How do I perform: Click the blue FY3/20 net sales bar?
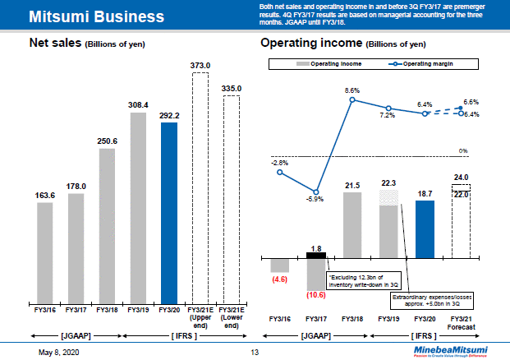(x=169, y=213)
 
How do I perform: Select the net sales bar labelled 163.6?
(x=44, y=253)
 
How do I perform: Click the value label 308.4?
(x=138, y=105)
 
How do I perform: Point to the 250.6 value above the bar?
(x=107, y=141)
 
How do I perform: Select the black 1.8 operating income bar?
(x=316, y=255)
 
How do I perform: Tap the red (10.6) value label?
(x=316, y=293)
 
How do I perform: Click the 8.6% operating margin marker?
(x=352, y=100)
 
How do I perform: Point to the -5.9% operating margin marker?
(x=316, y=188)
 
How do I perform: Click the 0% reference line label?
(x=463, y=150)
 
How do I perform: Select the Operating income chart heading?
(x=342, y=44)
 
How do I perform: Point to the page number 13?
(x=255, y=351)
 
